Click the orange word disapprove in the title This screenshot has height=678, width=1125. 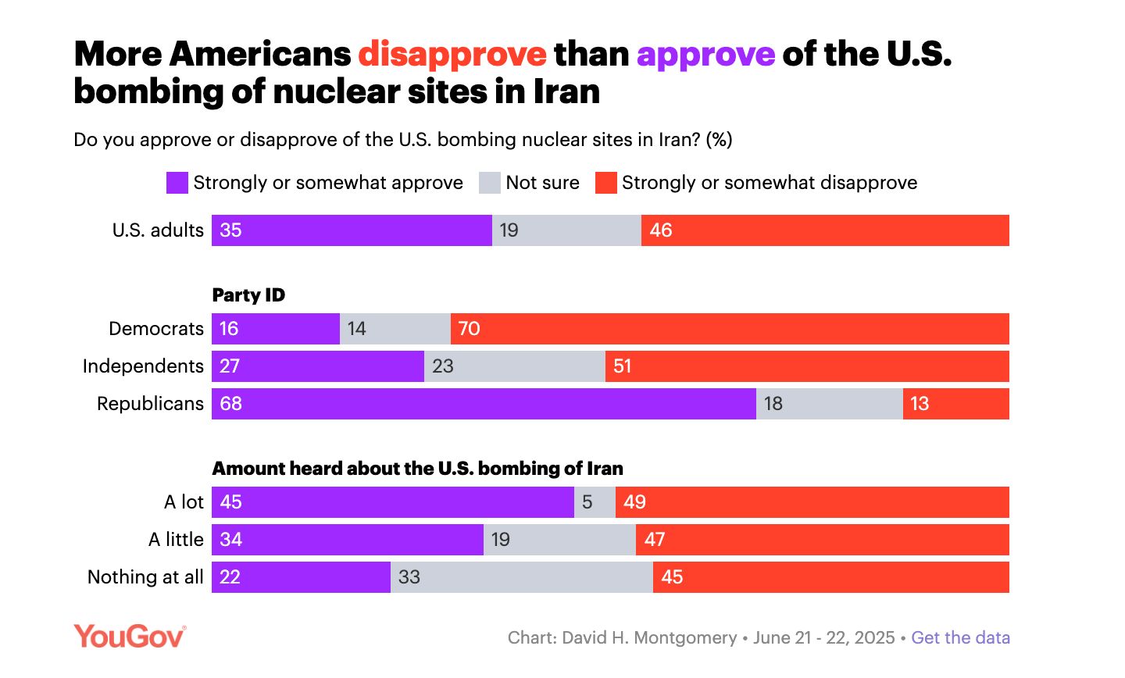[x=452, y=55]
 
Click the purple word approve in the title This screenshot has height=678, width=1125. [x=705, y=55]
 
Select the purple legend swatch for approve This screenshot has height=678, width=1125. [x=177, y=183]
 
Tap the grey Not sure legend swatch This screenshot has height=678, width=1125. [x=490, y=183]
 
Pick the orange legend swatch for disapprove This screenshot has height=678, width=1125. [x=606, y=183]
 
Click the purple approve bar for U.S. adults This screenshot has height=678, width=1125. [x=352, y=230]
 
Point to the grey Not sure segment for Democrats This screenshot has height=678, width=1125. [x=395, y=329]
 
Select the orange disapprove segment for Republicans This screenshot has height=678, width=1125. [x=956, y=404]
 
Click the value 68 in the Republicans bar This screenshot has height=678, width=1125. [x=231, y=404]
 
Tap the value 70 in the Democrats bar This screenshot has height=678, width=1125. [x=469, y=329]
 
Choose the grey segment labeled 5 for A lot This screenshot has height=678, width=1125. [x=595, y=502]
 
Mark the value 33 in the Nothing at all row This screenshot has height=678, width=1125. [x=409, y=577]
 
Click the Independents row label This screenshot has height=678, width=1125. [x=143, y=366]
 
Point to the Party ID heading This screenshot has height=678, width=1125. [x=248, y=295]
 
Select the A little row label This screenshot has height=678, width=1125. [x=176, y=540]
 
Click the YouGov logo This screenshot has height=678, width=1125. [x=130, y=636]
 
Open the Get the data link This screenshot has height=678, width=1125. [x=960, y=637]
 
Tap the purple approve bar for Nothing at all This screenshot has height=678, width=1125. [x=301, y=577]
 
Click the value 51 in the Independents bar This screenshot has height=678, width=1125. [x=623, y=366]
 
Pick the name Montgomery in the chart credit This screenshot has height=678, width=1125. [x=685, y=637]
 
